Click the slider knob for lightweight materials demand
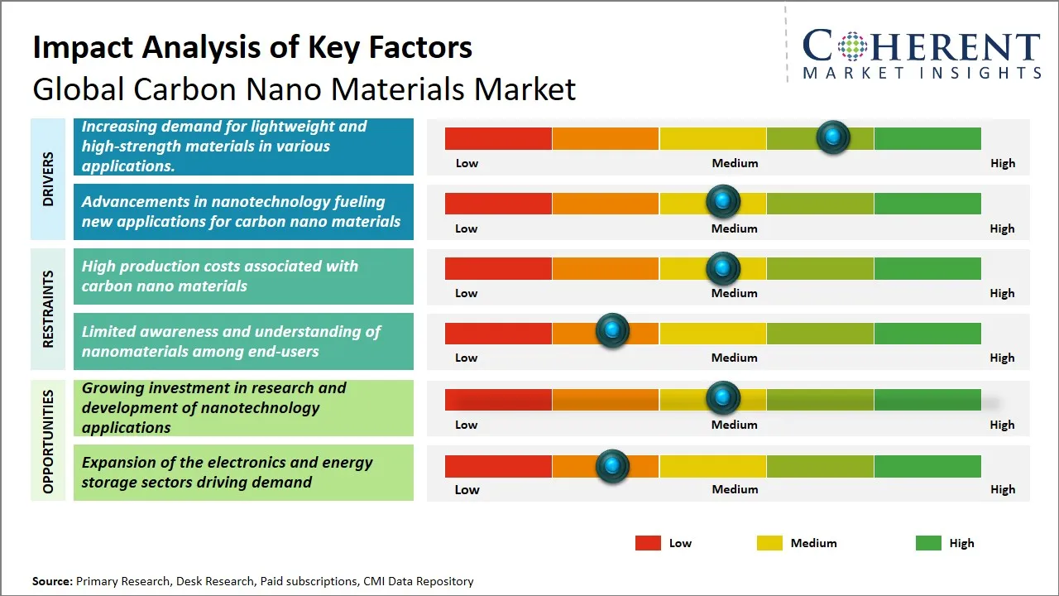[x=833, y=137]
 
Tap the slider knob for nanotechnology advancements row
[x=723, y=201]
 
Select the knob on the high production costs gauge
[x=723, y=268]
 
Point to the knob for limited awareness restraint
[x=612, y=331]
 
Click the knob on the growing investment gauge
[x=723, y=398]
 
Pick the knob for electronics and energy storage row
[x=612, y=466]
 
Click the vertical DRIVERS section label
[x=48, y=179]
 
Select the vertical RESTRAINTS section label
[x=48, y=309]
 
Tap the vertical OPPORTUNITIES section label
[x=48, y=441]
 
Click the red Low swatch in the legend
[x=648, y=543]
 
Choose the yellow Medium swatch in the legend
[x=769, y=543]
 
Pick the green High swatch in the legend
[x=928, y=543]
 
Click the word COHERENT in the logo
[x=921, y=46]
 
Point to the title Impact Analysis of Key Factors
[x=252, y=47]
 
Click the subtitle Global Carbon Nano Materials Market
[x=304, y=89]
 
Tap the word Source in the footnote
[x=51, y=581]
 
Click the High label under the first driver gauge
[x=1002, y=163]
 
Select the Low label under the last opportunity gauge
[x=467, y=489]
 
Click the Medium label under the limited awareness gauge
[x=734, y=358]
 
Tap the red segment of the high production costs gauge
[x=498, y=268]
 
